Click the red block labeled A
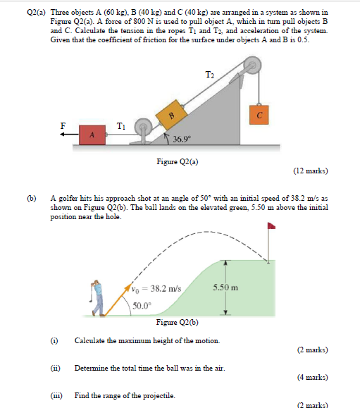pyautogui.click(x=92, y=135)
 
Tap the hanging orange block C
pyautogui.click(x=259, y=113)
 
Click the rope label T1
pyautogui.click(x=122, y=127)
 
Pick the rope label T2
pyautogui.click(x=209, y=75)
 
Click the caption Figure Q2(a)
pyautogui.click(x=177, y=161)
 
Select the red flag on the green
pyautogui.click(x=271, y=228)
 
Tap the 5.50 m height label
pyautogui.click(x=225, y=288)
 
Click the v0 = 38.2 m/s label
pyautogui.click(x=156, y=288)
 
